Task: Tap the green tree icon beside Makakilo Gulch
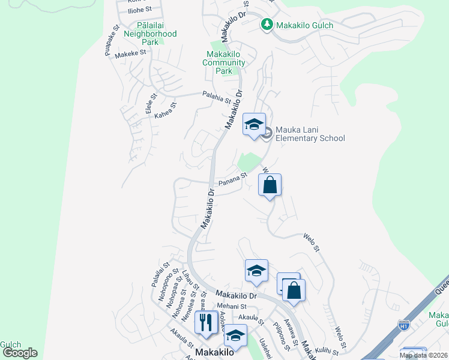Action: pos(267,25)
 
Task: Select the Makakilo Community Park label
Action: pos(224,63)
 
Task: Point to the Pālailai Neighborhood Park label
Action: pos(150,34)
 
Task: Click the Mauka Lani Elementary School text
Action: pos(310,134)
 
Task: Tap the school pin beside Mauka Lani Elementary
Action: pos(254,125)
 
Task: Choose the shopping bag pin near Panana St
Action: pos(270,185)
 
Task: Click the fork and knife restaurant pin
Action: pos(205,322)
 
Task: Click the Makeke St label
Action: pos(131,53)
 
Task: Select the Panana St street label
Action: pos(233,179)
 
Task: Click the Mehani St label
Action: pos(232,306)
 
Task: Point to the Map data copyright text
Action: pos(423,355)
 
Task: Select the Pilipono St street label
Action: pos(282,338)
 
